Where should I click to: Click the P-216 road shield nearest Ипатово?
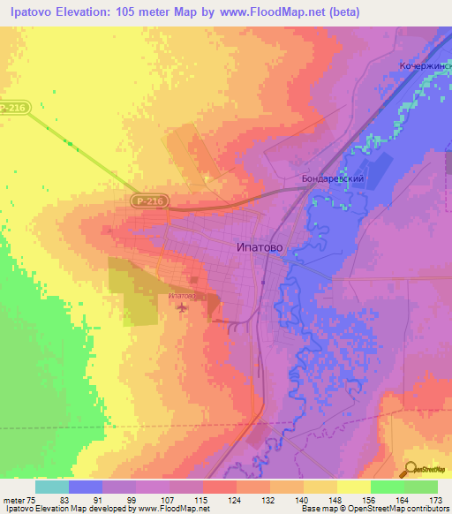point(149,201)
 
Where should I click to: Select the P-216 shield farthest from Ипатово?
point(14,108)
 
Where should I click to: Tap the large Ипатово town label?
point(260,247)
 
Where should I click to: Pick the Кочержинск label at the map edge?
point(424,66)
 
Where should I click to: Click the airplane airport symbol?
point(183,307)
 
